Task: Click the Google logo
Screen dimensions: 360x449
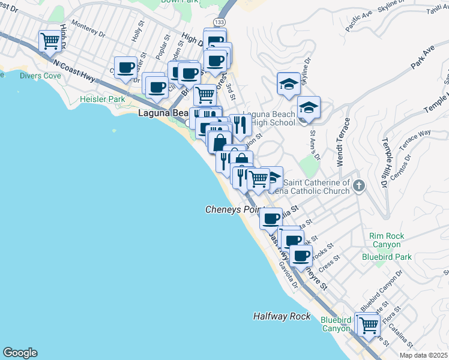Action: click(x=20, y=353)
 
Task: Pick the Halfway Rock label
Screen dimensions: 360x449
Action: click(x=282, y=316)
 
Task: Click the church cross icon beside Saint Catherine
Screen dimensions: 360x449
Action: click(x=359, y=185)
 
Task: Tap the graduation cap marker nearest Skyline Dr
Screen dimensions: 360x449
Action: click(x=289, y=84)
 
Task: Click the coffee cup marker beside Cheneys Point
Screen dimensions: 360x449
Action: click(x=271, y=218)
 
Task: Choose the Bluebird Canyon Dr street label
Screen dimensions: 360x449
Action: click(x=381, y=290)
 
